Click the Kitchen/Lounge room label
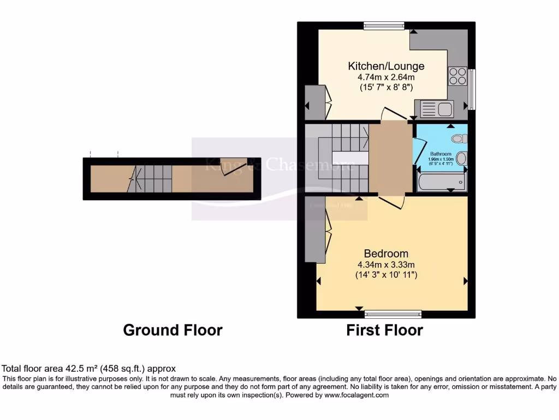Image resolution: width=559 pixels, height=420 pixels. click(386, 66)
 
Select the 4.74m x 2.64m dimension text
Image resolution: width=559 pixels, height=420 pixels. click(386, 77)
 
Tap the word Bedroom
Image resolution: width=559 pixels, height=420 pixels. click(386, 254)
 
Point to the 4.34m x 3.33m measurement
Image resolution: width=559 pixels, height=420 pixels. click(386, 265)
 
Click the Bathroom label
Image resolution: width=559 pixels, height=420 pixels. click(440, 154)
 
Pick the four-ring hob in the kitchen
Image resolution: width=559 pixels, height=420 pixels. click(457, 76)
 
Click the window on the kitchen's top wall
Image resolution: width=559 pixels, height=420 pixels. click(384, 25)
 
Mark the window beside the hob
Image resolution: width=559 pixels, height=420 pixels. click(472, 89)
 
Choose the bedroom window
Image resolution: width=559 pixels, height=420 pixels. click(393, 314)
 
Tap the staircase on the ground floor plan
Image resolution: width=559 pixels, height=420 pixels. click(154, 178)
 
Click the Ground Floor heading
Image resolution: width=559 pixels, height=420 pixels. click(173, 330)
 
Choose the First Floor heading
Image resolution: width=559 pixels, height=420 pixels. click(384, 330)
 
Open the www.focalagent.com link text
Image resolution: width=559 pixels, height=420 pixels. click(356, 395)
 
